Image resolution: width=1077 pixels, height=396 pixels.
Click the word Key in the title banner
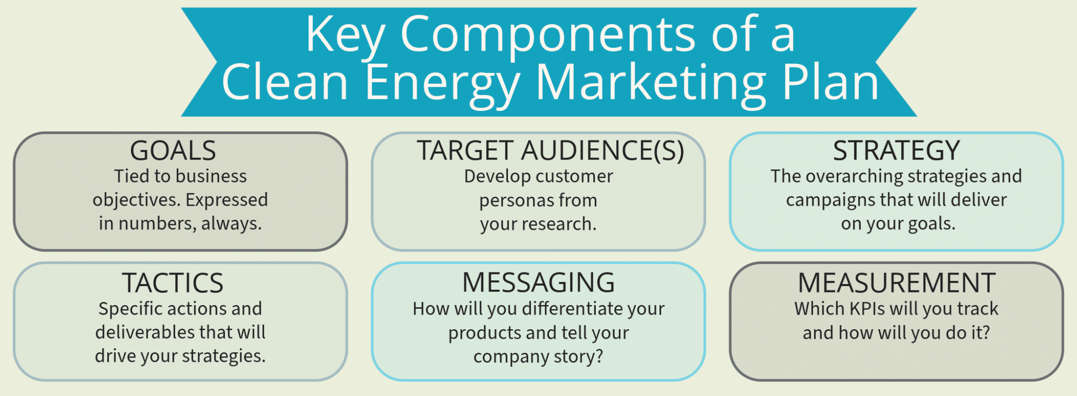pyautogui.click(x=346, y=35)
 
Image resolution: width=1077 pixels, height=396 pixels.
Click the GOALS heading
pyautogui.click(x=173, y=151)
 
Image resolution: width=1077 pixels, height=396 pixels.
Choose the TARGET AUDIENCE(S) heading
pyautogui.click(x=551, y=151)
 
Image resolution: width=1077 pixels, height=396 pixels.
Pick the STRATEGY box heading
pyautogui.click(x=897, y=151)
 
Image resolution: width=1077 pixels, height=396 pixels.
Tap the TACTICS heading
pyautogui.click(x=173, y=283)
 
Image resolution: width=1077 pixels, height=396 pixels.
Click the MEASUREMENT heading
pyautogui.click(x=897, y=283)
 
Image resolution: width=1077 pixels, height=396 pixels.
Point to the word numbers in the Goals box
pyautogui.click(x=157, y=224)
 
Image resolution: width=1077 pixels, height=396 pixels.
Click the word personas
pyautogui.click(x=516, y=201)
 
